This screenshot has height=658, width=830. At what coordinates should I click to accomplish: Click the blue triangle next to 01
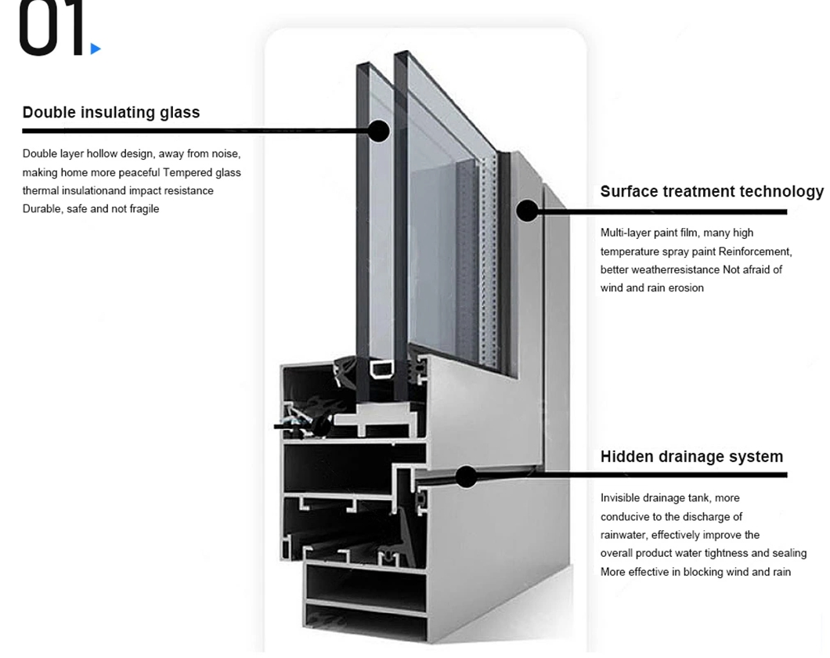pos(96,49)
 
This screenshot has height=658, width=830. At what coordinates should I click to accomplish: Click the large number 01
pos(50,29)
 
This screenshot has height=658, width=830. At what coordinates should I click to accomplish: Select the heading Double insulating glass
pos(111,112)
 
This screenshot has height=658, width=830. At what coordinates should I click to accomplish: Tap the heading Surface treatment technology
pos(711,191)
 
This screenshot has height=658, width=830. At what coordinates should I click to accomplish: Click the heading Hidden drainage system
pos(691,457)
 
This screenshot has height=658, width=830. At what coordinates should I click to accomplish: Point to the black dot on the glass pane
pos(378,131)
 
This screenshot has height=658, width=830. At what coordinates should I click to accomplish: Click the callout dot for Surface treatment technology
pos(527,210)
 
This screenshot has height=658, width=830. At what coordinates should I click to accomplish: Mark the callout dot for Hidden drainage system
pos(466,476)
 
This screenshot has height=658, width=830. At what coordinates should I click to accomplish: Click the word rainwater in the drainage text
pos(622,535)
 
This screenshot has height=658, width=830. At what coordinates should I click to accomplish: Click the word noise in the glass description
pos(226,154)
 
